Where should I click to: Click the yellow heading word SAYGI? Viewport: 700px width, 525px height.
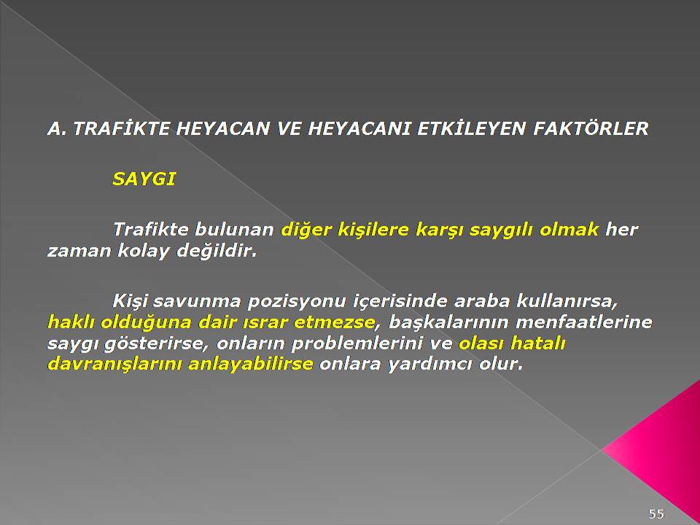pos(144,179)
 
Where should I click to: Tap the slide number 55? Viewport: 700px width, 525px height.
pos(656,514)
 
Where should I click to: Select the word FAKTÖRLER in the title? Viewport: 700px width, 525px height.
pos(591,128)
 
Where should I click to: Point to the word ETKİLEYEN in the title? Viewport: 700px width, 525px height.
pos(471,128)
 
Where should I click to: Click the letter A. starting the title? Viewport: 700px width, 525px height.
pos(57,129)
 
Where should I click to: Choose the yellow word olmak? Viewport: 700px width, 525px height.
pos(569,230)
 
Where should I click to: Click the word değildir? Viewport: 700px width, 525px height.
pos(217,251)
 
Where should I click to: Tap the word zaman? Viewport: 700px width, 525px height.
pos(79,252)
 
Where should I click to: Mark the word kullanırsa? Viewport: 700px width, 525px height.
pos(567,301)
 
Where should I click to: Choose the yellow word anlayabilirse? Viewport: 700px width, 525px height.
pos(250,365)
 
